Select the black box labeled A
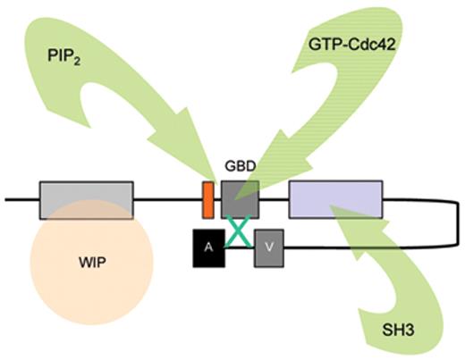click(x=208, y=247)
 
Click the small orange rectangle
click(x=207, y=199)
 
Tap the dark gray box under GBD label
click(x=240, y=198)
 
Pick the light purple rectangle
click(x=335, y=198)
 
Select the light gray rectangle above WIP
click(x=86, y=199)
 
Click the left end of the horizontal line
click(x=7, y=199)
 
